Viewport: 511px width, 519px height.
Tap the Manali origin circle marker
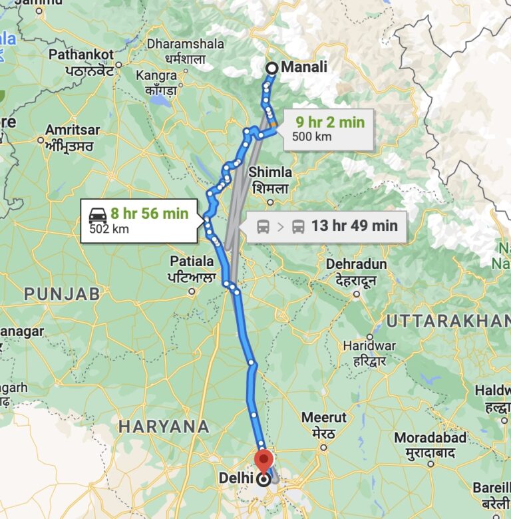point(271,68)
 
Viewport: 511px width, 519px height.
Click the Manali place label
point(305,67)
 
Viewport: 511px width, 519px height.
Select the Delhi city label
point(236,478)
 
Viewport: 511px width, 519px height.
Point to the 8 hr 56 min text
point(150,214)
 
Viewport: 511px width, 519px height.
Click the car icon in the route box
point(98,214)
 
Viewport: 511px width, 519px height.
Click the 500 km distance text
point(311,137)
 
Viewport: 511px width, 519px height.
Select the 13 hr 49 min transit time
point(355,226)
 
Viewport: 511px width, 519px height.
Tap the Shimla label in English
point(270,172)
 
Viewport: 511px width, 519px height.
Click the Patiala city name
point(192,260)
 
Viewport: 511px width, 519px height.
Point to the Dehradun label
point(357,264)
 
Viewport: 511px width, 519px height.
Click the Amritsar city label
point(74,130)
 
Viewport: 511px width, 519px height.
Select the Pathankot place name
point(81,53)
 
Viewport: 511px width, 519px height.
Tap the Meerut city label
point(324,417)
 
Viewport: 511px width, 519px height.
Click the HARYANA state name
point(164,427)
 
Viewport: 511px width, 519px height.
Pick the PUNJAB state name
point(62,293)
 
